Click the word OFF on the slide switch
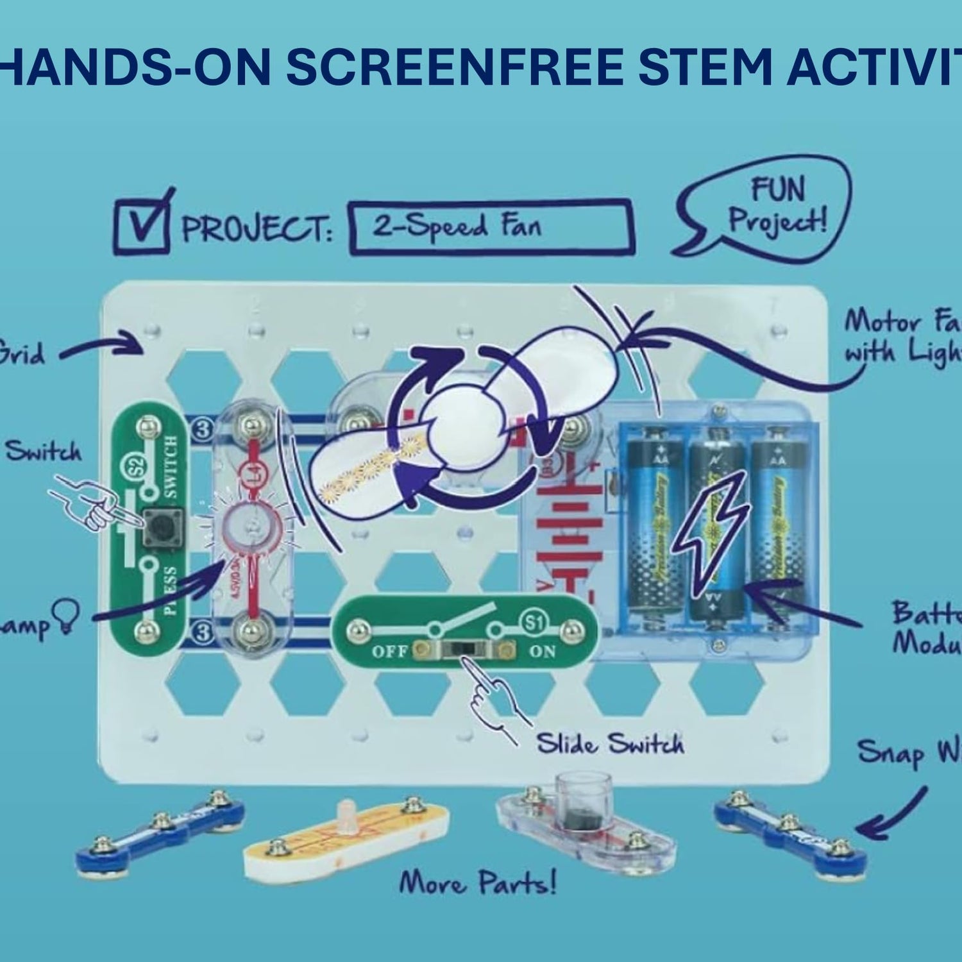coord(390,652)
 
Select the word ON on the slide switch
coord(542,652)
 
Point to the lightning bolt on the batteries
coord(709,527)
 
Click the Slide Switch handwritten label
coord(609,744)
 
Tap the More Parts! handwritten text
coord(478,883)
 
